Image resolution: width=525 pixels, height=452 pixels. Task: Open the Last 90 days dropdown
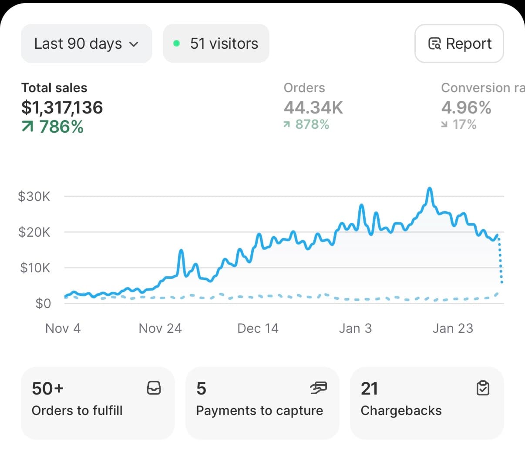[x=86, y=44]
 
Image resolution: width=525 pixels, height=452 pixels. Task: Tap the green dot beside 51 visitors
[x=176, y=44]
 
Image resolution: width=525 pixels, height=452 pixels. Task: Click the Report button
[x=459, y=44]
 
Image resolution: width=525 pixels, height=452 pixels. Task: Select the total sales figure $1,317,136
[x=62, y=107]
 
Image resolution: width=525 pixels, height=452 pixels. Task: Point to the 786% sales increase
[x=53, y=127]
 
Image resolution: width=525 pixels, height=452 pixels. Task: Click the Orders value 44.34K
[x=313, y=107]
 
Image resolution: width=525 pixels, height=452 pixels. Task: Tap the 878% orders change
[x=306, y=125]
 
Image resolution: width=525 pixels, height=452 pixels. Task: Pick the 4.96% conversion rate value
[x=466, y=107]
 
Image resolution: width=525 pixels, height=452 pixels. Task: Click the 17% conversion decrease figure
[x=459, y=125]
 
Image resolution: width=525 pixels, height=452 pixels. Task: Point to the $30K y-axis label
[x=34, y=197]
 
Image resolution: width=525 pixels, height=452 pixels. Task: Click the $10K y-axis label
[x=35, y=268]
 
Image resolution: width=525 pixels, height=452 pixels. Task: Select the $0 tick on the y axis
[x=43, y=303]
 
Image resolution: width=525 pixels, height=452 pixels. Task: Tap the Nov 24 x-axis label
[x=160, y=328]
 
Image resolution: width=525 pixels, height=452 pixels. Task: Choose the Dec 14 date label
[x=258, y=328]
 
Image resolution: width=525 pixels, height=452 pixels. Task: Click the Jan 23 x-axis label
[x=453, y=328]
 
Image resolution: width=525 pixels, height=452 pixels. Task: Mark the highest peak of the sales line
[x=430, y=189]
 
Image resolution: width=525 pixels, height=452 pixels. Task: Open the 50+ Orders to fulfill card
[x=98, y=403]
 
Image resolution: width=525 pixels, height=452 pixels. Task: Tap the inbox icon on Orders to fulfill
[x=154, y=388]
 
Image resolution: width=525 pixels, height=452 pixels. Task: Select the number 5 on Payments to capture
[x=201, y=388]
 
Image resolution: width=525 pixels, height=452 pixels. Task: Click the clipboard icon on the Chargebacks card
[x=483, y=388]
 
